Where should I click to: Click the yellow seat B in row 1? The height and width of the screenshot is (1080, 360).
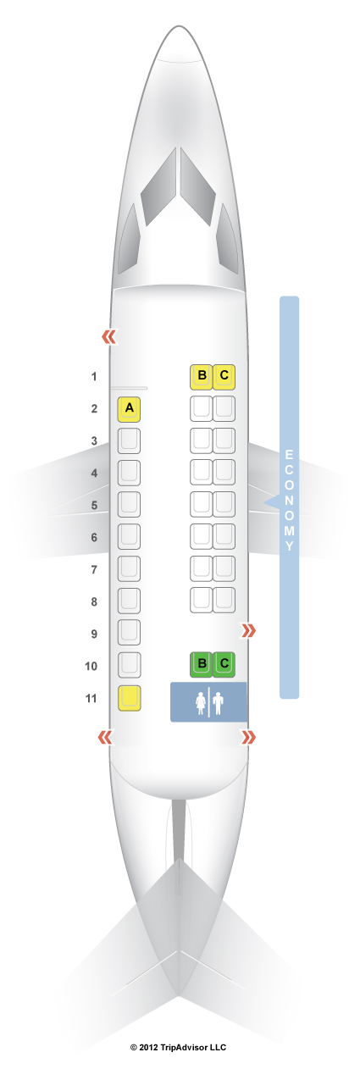coord(202,377)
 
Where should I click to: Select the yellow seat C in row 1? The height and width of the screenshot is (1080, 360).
coord(224,377)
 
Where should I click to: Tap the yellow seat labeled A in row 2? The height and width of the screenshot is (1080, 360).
coord(129,409)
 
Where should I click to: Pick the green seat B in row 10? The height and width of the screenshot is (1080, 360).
coord(202,664)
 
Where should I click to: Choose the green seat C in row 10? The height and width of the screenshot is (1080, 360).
coord(224,664)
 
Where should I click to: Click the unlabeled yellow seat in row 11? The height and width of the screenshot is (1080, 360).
coord(129,698)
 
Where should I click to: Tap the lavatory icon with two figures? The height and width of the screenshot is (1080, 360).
coord(208,702)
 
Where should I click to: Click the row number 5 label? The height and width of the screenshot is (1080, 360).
coord(95,506)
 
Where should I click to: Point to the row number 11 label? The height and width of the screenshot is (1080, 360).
coord(91,698)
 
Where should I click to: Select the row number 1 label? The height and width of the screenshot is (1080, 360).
coord(94,377)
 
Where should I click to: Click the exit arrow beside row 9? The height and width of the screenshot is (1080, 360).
coord(249,630)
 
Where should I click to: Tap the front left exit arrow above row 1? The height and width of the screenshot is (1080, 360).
coord(109,337)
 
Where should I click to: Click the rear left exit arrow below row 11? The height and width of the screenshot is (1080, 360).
coord(106,737)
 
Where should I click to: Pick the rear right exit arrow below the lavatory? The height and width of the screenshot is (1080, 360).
coord(249,737)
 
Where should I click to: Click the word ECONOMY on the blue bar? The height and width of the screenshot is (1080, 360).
coord(289,500)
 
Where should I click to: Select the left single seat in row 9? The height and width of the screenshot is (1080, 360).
coord(129,632)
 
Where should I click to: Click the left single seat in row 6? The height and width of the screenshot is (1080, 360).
coord(129,536)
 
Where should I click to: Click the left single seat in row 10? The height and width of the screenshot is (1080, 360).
coord(129,665)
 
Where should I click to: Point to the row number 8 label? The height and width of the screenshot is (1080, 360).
coord(95,601)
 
